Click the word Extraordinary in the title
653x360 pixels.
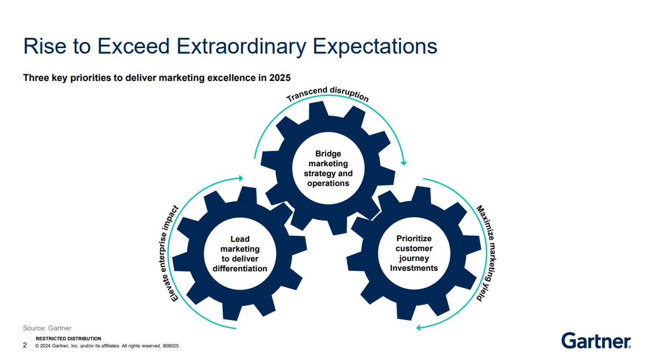pyautogui.click(x=241, y=47)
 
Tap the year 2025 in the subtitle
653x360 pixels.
pyautogui.click(x=280, y=78)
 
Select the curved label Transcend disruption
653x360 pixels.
pyautogui.click(x=328, y=94)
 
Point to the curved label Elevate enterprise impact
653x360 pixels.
pyautogui.click(x=169, y=253)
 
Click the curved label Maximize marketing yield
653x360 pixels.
pyautogui.click(x=487, y=253)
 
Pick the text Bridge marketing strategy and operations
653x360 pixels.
pyautogui.click(x=328, y=169)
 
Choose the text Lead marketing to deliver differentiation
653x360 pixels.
pyautogui.click(x=240, y=254)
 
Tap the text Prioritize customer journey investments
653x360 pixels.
pyautogui.click(x=414, y=253)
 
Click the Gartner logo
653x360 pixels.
pyautogui.click(x=596, y=340)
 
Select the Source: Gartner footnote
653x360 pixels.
pyautogui.click(x=47, y=328)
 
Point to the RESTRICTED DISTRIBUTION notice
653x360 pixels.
pyautogui.click(x=68, y=339)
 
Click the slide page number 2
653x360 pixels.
pyautogui.click(x=25, y=345)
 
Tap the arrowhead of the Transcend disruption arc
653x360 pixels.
pyautogui.click(x=403, y=163)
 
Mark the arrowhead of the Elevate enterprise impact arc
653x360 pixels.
pyautogui.click(x=240, y=178)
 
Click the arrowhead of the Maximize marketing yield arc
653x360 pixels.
pyautogui.click(x=419, y=328)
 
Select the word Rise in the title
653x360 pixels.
pyautogui.click(x=44, y=46)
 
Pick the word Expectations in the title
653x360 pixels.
pyautogui.click(x=375, y=47)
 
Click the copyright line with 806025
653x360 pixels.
pyautogui.click(x=107, y=346)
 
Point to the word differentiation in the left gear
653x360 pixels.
pyautogui.click(x=240, y=269)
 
